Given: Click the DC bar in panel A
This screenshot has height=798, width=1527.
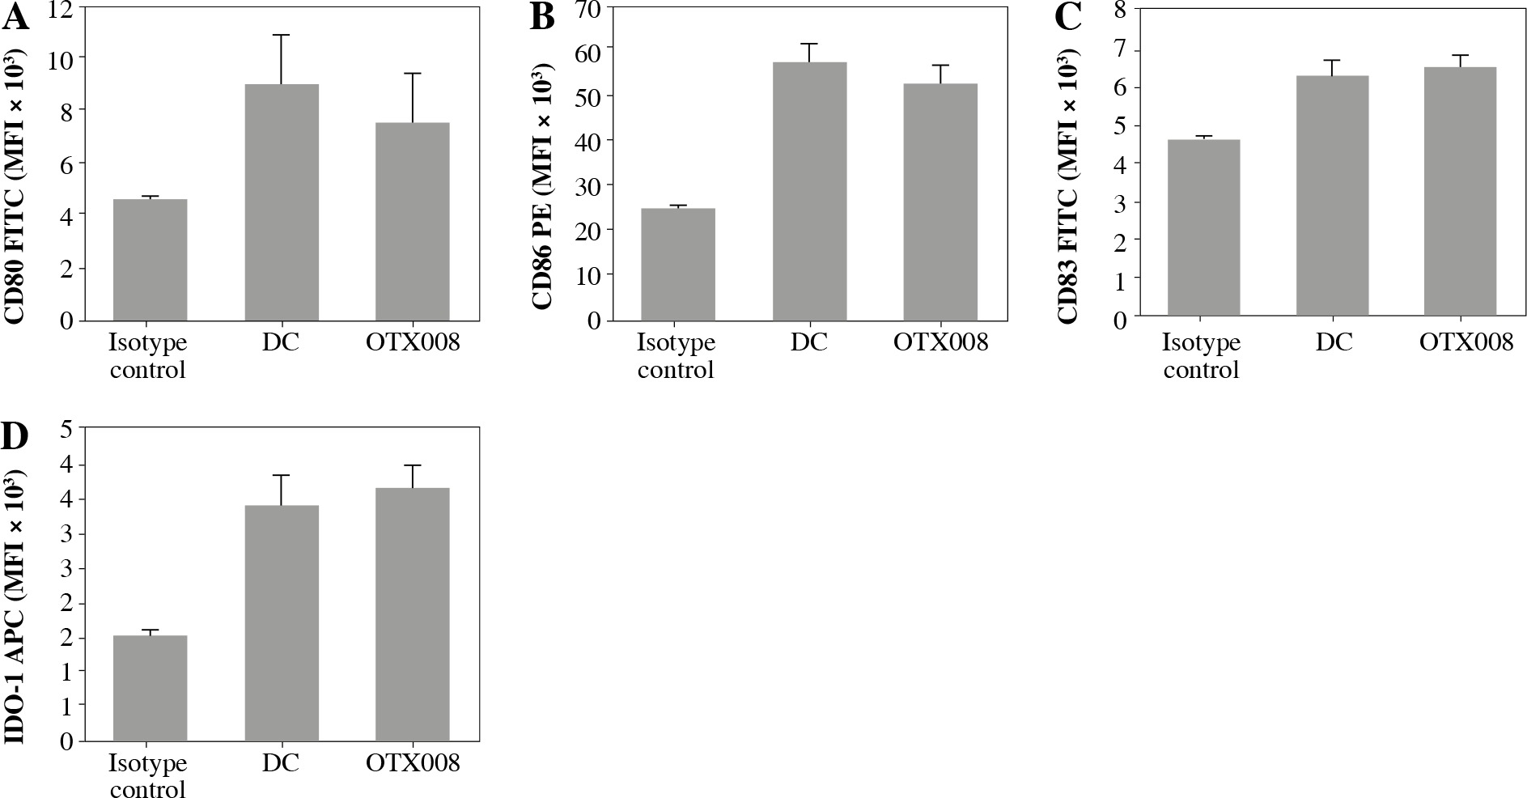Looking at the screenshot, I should (282, 202).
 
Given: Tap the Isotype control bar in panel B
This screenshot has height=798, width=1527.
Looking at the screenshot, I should (677, 264).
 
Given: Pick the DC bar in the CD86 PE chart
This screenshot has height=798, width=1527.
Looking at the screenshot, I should (809, 191).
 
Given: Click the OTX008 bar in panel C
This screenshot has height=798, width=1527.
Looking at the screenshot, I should (1460, 191).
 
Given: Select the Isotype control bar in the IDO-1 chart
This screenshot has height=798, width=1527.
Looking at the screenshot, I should (150, 688).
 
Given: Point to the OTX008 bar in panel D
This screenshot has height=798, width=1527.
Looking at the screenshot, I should (412, 614).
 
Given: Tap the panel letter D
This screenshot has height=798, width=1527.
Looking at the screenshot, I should (16, 436).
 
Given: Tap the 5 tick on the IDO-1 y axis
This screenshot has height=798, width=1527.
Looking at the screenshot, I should (66, 429).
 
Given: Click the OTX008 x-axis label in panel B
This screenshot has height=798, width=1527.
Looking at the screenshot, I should (940, 342).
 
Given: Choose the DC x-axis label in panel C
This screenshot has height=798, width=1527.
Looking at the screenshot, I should (1334, 342).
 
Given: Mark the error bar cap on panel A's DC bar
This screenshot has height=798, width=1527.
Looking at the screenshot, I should (282, 35).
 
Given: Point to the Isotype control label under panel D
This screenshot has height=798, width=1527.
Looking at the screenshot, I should (148, 775).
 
